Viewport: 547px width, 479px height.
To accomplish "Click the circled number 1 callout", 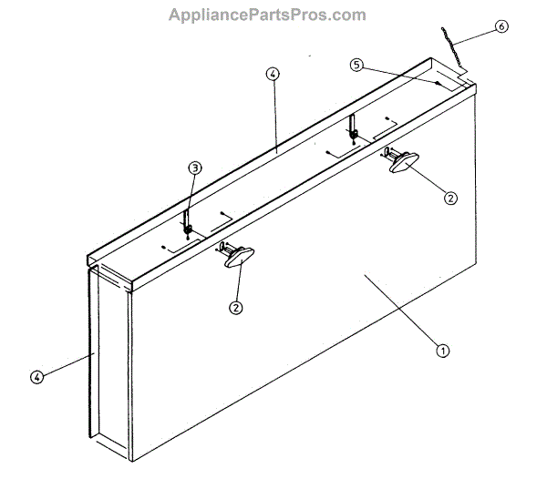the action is [x=442, y=350].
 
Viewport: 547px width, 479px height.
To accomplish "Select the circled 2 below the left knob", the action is [x=236, y=307].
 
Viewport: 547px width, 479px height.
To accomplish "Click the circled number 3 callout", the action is [x=193, y=168].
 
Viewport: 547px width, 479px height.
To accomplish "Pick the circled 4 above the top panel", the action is [x=272, y=75].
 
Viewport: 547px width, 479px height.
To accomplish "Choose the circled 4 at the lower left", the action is [x=36, y=375].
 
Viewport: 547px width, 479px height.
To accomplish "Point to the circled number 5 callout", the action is [x=357, y=65].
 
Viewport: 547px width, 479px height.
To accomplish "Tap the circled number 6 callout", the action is [x=501, y=26].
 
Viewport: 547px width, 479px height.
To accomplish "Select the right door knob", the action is [x=402, y=160].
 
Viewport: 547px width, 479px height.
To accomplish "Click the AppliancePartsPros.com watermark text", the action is [x=267, y=15].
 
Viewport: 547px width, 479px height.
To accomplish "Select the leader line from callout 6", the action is [x=479, y=36].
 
